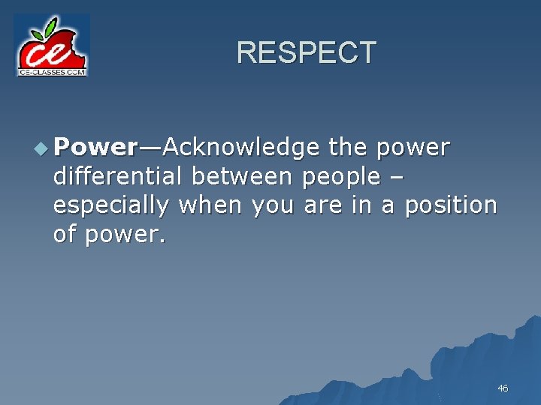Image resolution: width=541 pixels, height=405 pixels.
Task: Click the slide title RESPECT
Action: [x=306, y=53]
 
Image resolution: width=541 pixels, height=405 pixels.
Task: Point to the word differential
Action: [x=118, y=177]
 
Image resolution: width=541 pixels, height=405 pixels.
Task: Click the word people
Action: [x=340, y=178]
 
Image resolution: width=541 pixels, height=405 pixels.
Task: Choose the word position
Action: [x=451, y=205]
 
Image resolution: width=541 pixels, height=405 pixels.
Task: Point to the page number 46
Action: [x=503, y=388]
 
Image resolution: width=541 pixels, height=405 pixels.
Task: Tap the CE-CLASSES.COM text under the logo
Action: [x=52, y=71]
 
